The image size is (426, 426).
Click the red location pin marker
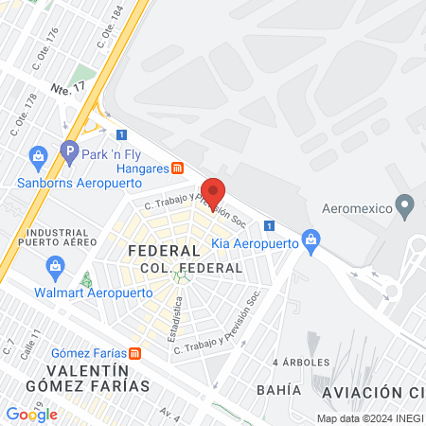pyautogui.click(x=213, y=192)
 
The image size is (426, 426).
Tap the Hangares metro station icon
pyautogui.click(x=177, y=168)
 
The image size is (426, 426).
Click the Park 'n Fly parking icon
pyautogui.click(x=68, y=150)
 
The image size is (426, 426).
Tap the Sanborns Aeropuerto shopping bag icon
pyautogui.click(x=38, y=155)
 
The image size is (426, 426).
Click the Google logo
pyautogui.click(x=31, y=414)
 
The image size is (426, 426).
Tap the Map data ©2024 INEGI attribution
pyautogui.click(x=368, y=417)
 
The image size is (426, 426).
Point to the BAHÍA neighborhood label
pyautogui.click(x=278, y=389)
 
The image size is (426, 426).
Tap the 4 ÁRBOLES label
pyautogui.click(x=301, y=362)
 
